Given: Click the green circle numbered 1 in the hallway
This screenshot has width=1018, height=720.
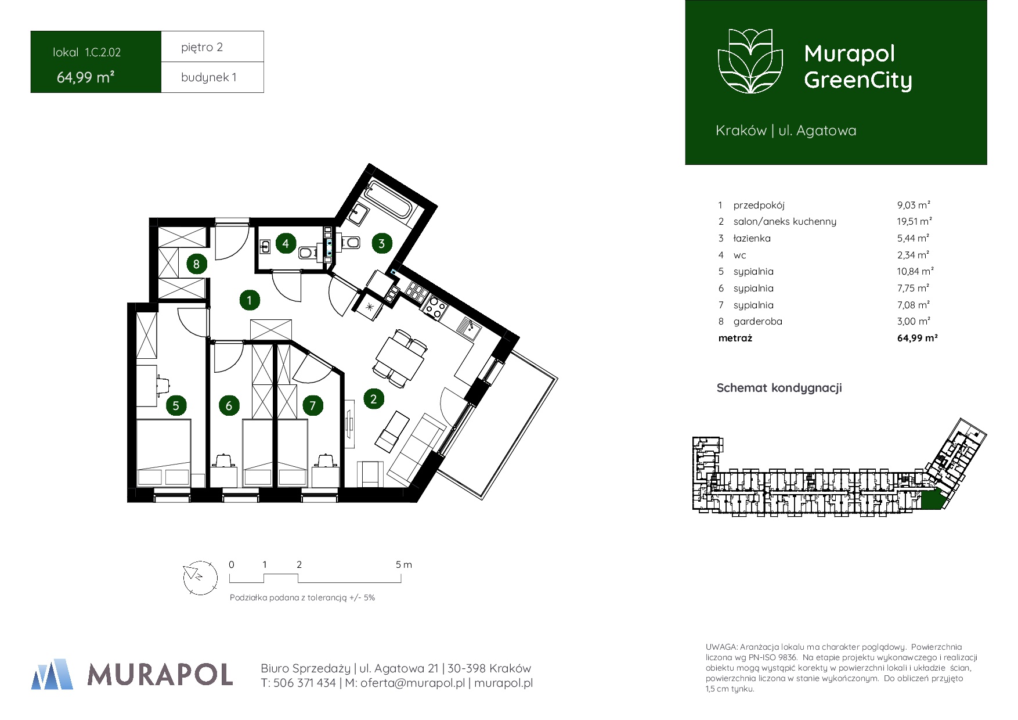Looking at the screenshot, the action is click(x=250, y=300).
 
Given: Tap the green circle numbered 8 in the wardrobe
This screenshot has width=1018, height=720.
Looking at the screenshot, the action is click(x=196, y=264).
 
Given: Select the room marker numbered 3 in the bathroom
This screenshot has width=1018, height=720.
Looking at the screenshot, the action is click(x=381, y=243).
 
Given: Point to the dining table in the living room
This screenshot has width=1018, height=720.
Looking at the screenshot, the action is click(x=400, y=358).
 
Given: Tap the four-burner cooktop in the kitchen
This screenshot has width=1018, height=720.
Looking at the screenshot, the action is click(x=435, y=307).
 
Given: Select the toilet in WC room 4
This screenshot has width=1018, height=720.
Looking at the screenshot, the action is click(x=306, y=253).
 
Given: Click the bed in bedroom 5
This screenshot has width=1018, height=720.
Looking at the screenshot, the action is click(x=164, y=453).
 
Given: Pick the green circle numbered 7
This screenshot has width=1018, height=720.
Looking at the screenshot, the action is click(x=313, y=405).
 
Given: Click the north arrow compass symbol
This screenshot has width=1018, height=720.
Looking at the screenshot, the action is click(x=200, y=578).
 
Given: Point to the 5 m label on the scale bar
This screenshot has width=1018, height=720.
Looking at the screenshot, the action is click(x=404, y=564).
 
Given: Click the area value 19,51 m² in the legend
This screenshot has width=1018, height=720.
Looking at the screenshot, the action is click(x=914, y=221).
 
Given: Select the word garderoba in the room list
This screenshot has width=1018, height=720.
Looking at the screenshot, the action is click(x=757, y=321).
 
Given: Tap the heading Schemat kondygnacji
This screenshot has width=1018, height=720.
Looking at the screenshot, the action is click(x=779, y=388).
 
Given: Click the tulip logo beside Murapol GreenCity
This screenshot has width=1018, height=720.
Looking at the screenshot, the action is click(x=750, y=61).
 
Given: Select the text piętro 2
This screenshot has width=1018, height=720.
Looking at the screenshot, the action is click(x=202, y=48).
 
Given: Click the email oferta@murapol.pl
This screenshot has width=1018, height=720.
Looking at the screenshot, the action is click(x=413, y=683).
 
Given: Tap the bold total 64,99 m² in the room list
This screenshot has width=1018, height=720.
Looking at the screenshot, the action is click(x=917, y=338).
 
